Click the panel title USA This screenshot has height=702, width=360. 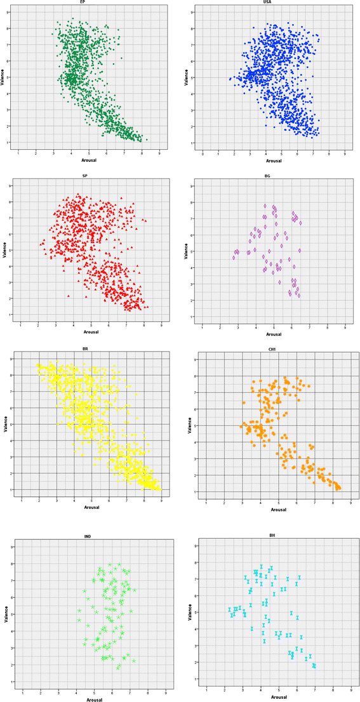tap(274, 3)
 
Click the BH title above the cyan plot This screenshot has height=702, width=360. tap(274, 536)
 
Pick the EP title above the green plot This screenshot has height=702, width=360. tap(91, 3)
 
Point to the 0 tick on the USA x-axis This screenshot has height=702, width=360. tap(203, 153)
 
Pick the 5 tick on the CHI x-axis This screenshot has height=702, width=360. tap(277, 502)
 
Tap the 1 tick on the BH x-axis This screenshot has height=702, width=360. tap(206, 689)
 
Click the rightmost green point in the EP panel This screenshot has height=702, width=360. tap(147, 139)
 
